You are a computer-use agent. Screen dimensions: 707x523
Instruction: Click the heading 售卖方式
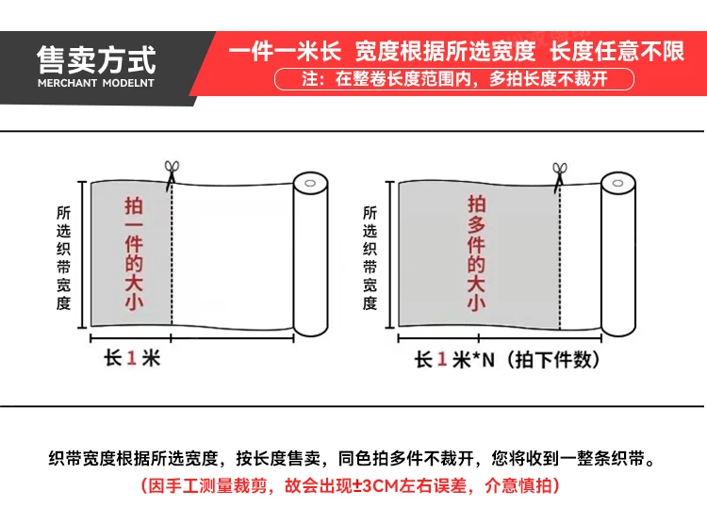click(x=96, y=60)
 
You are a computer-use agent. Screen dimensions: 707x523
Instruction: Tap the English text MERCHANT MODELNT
click(x=96, y=83)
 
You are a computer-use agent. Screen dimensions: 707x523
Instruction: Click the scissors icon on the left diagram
click(x=172, y=172)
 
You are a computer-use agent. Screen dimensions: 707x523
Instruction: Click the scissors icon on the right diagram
click(x=560, y=175)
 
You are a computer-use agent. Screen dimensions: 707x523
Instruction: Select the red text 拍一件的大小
click(x=134, y=253)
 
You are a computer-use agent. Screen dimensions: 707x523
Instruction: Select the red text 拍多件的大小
click(x=476, y=253)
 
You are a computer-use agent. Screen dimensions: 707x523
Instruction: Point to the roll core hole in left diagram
click(x=310, y=183)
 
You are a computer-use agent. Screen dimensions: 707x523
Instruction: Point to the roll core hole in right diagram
click(x=617, y=183)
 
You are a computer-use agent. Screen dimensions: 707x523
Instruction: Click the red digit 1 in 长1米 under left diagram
click(x=132, y=358)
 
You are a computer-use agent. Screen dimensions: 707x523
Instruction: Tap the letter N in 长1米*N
click(x=488, y=360)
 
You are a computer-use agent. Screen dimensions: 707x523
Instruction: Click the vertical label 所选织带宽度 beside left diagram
click(x=63, y=258)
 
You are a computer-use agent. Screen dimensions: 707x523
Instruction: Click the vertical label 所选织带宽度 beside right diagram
click(x=370, y=258)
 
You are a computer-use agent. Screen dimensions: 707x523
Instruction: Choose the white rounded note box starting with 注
click(x=454, y=79)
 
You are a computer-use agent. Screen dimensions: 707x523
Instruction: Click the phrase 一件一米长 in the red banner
click(x=285, y=51)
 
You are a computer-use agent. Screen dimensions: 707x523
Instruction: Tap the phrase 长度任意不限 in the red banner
click(x=617, y=51)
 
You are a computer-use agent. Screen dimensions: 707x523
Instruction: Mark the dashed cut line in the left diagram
click(x=172, y=253)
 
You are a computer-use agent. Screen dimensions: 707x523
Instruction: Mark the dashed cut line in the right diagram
click(x=560, y=257)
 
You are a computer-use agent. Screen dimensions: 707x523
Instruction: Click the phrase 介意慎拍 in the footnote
click(x=518, y=486)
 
